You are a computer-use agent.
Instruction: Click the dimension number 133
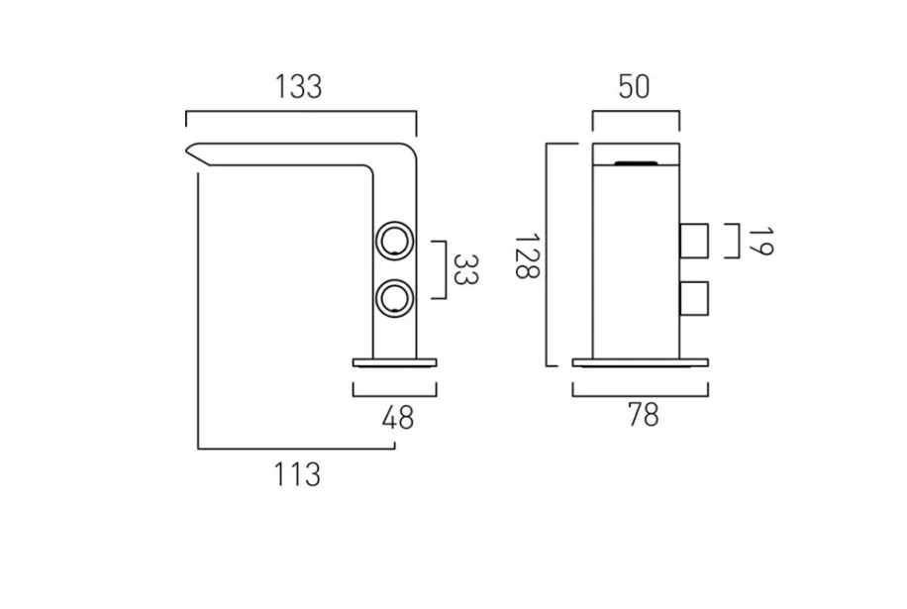(x=299, y=87)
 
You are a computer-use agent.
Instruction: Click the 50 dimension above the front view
(x=634, y=87)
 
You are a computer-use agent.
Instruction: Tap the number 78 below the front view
(x=643, y=416)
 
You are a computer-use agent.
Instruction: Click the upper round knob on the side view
(x=394, y=240)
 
